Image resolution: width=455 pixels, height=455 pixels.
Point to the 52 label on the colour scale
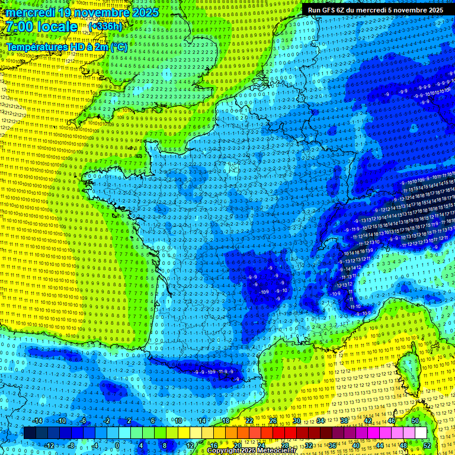tap(427, 446)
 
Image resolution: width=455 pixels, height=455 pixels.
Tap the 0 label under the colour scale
tap(117, 446)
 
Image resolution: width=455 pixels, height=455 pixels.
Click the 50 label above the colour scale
tap(415, 421)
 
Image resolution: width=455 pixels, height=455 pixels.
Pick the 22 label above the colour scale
tap(249, 421)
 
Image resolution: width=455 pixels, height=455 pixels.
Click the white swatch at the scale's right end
tap(421, 433)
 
